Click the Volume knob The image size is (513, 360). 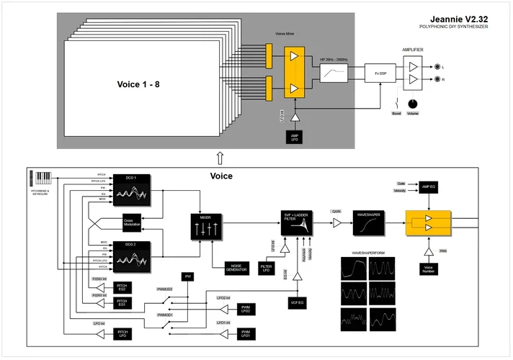point(413,102)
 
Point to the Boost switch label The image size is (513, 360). point(396,113)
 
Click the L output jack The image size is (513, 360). point(436,67)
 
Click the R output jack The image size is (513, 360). point(436,81)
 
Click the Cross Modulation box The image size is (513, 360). point(132,223)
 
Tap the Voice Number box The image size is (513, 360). point(428,269)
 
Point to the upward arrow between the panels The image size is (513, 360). point(219,157)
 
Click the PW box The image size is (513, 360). point(188,276)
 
